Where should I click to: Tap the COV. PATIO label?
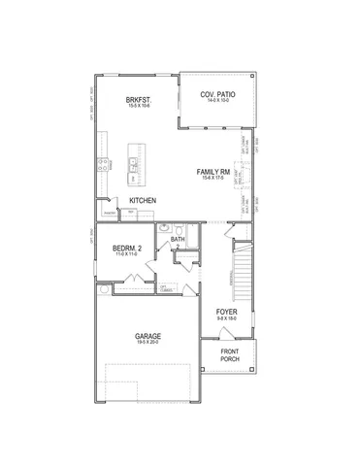tap(219, 94)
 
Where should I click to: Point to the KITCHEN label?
tap(143, 200)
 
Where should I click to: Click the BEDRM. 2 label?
tap(127, 249)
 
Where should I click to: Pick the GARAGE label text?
tap(148, 336)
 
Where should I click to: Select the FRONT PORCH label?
tap(230, 354)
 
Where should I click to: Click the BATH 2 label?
tap(178, 241)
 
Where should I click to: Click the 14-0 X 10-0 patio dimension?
tap(219, 101)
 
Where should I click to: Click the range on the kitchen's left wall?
tap(101, 167)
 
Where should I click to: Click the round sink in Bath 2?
tap(163, 233)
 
